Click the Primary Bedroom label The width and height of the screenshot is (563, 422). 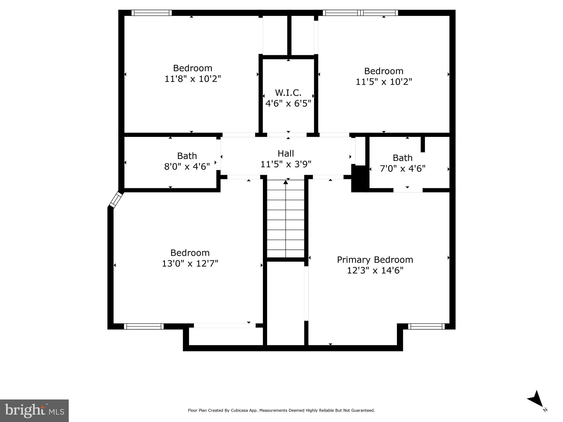[375, 260]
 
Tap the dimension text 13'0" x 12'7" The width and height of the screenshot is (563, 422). [190, 264]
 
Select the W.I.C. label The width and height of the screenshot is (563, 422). [288, 93]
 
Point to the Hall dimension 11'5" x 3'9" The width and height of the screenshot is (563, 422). [286, 164]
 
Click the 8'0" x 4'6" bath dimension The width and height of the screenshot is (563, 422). [187, 167]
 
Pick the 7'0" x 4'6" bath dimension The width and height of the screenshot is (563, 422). [402, 169]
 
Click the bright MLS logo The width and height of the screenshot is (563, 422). [34, 410]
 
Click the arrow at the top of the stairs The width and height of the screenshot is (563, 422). [286, 182]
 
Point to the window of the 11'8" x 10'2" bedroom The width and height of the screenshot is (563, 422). [151, 13]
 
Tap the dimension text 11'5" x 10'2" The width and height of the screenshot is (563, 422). [384, 82]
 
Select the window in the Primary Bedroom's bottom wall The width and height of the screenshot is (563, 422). [426, 326]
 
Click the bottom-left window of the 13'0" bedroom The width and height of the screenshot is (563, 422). [144, 326]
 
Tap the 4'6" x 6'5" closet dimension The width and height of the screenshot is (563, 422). [288, 104]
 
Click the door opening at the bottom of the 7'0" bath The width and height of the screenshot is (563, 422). [408, 190]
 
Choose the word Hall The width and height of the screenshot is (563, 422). [286, 154]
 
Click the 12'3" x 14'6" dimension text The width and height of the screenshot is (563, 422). [375, 271]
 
